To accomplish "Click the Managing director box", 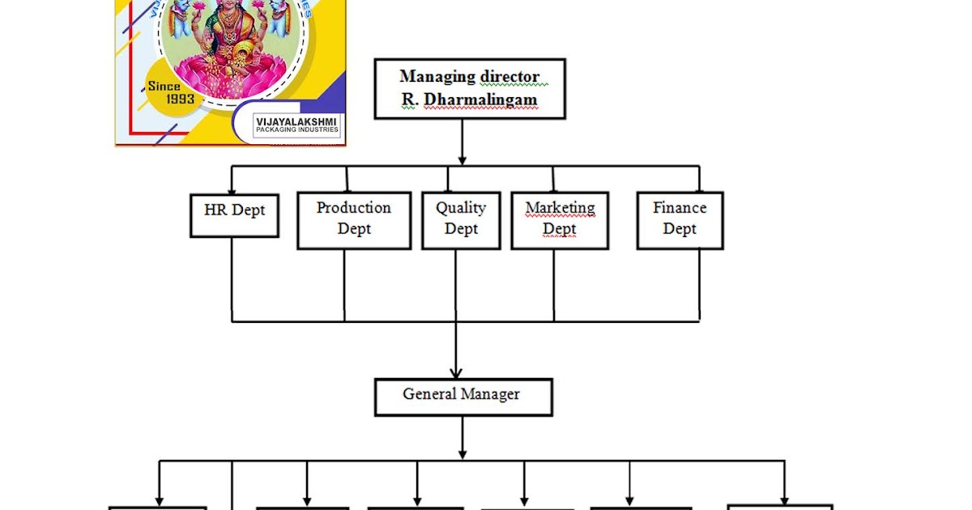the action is [468, 88].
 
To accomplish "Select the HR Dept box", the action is [234, 215].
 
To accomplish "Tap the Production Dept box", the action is [353, 219].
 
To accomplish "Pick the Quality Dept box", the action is [461, 219].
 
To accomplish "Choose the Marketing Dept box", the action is [559, 219].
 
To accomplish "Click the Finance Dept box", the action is [679, 219].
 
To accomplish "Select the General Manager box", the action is [463, 397].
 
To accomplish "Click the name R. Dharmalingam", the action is [468, 100].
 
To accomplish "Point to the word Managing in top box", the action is [437, 76].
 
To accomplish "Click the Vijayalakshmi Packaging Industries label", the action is [297, 125].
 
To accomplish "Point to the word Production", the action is [353, 208].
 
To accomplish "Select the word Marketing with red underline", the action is [560, 208].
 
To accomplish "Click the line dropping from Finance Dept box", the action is [699, 283].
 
